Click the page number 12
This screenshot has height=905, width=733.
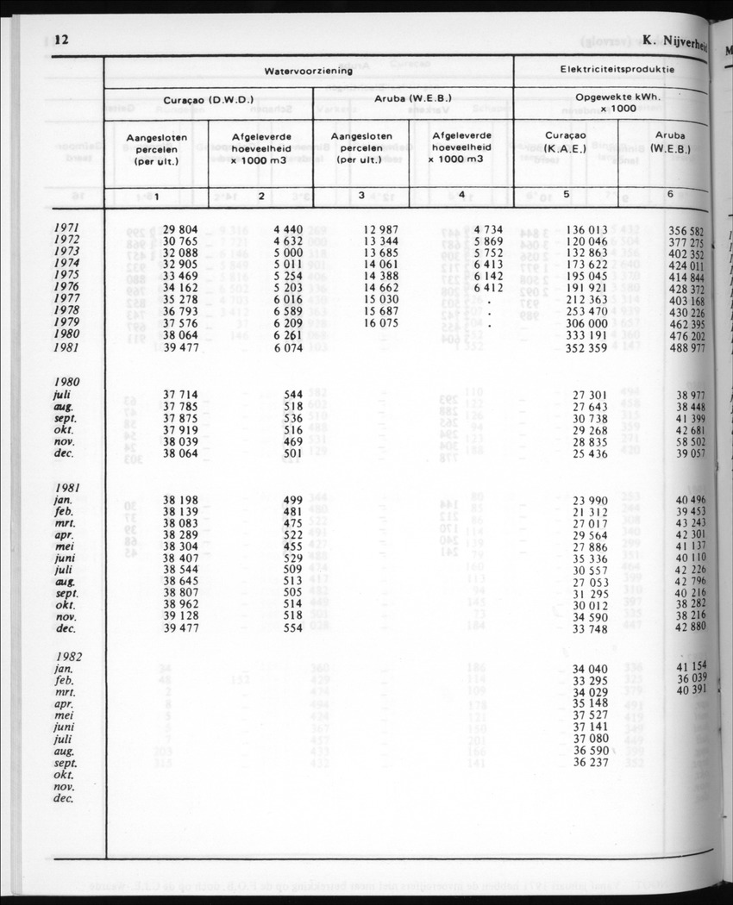pos(61,40)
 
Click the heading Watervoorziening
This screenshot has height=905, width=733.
pos(308,71)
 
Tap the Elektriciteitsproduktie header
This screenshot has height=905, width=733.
pos(617,69)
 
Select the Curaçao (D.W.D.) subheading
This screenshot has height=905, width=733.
pos(208,99)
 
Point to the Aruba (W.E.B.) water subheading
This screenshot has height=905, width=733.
pos(412,99)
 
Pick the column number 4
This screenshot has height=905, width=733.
pos(462,195)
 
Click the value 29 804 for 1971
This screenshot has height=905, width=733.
pos(181,230)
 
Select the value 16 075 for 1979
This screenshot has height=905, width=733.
pos(381,324)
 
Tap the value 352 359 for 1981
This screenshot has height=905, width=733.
pos(585,348)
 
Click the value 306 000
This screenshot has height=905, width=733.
pos(586,324)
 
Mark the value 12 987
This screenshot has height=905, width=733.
pos(381,230)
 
